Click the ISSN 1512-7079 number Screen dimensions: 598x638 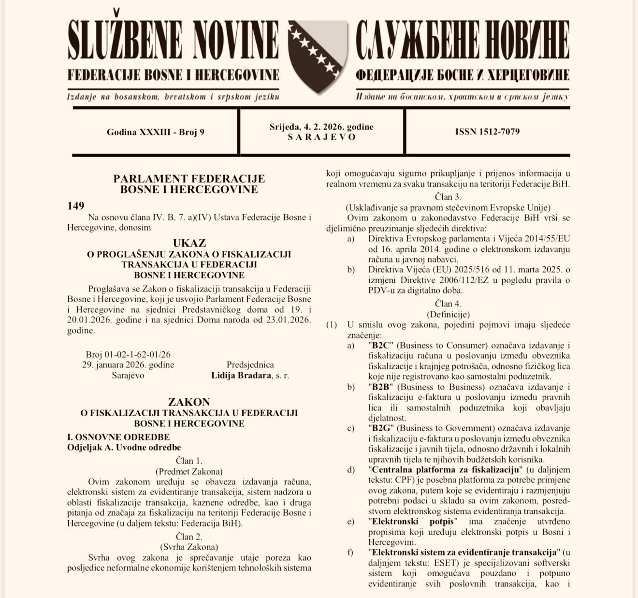pos(487,131)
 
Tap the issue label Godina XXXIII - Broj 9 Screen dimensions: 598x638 pos(156,132)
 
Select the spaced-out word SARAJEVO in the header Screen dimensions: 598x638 pos(321,137)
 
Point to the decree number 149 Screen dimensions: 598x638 pos(76,206)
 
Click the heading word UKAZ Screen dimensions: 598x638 pos(189,243)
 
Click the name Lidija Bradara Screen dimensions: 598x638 pos(241,375)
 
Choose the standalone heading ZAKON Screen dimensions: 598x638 pos(189,402)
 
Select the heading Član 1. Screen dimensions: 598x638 pos(189,461)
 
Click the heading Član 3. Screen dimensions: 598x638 pos(448,197)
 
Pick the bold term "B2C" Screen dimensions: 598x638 pos(381,345)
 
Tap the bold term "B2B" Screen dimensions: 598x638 pos(381,387)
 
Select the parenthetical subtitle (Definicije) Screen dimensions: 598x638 pos(448,314)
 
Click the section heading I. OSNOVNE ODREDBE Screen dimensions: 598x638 pos(118,437)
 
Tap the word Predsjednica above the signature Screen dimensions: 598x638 pos(250,365)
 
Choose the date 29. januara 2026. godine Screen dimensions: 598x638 pos(128,365)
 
